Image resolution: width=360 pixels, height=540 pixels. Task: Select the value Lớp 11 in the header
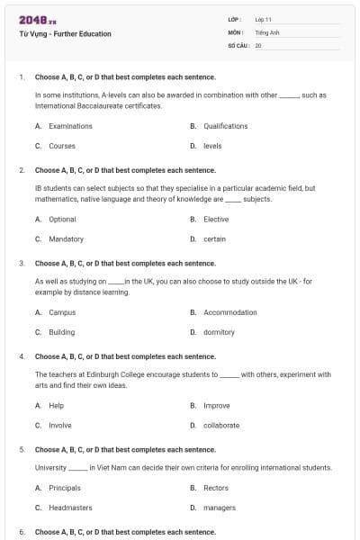pyautogui.click(x=263, y=19)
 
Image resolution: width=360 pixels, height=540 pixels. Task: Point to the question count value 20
pyautogui.click(x=258, y=44)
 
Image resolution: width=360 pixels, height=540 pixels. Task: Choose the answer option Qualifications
pyautogui.click(x=225, y=126)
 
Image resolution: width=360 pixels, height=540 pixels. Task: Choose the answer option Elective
pyautogui.click(x=216, y=220)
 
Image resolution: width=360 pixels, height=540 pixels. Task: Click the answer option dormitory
pyautogui.click(x=219, y=332)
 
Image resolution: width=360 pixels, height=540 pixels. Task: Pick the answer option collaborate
pyautogui.click(x=221, y=426)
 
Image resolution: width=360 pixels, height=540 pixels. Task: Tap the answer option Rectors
pyautogui.click(x=216, y=488)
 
